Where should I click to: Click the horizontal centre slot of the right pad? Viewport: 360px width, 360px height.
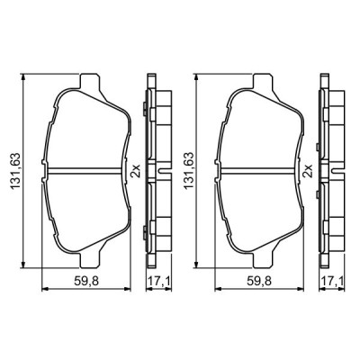[x=256, y=172]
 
